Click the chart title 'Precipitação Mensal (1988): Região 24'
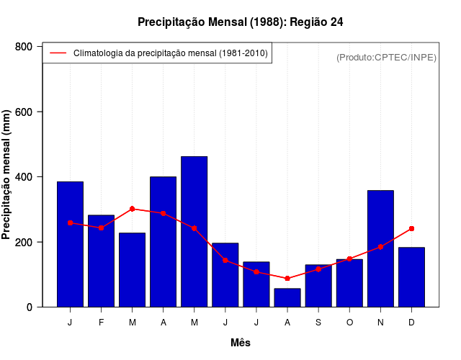[240, 22]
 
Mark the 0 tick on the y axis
[29, 307]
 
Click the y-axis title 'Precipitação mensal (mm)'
[7, 175]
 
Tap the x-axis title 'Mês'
[241, 343]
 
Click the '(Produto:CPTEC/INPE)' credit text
[387, 57]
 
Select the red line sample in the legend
[58, 53]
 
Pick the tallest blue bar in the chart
[194, 231]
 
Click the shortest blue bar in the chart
[287, 297]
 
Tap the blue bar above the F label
[101, 261]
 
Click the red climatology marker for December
[411, 228]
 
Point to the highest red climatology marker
[132, 209]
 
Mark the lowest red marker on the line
[287, 278]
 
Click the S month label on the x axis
[318, 323]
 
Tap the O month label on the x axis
[349, 323]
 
